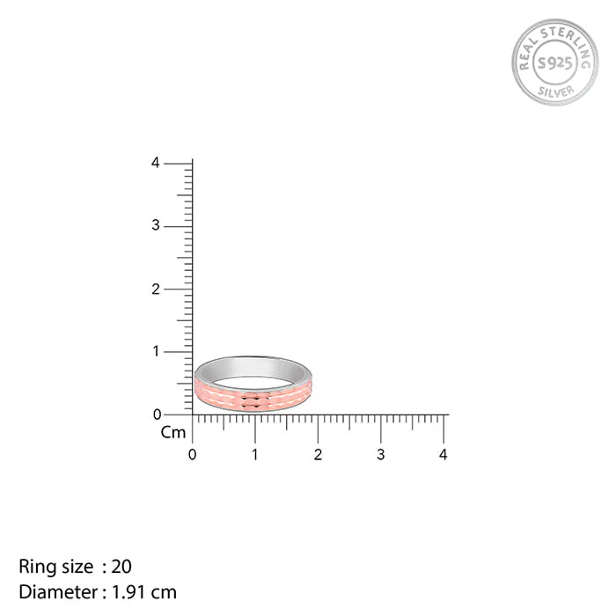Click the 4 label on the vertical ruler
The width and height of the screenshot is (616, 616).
point(156,163)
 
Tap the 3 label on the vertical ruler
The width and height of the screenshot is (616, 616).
point(156,225)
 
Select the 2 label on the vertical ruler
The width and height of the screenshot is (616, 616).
point(156,290)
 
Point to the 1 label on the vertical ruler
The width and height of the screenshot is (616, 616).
point(156,351)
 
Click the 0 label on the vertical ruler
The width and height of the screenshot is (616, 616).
point(158,414)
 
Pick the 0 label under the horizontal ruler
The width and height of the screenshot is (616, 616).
point(192,455)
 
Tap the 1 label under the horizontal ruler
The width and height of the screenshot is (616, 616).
point(255,455)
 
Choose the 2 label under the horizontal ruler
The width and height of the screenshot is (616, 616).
point(318,455)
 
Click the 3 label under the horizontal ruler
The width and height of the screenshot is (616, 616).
point(381,455)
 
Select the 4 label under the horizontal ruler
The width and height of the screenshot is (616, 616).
point(444,455)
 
